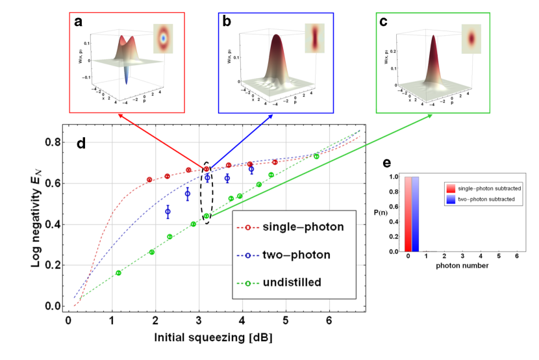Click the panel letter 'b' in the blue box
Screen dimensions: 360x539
point(227,22)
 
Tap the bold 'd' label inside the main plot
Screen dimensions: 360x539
point(82,142)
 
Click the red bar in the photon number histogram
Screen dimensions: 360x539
point(408,214)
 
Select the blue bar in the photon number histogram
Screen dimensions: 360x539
point(416,214)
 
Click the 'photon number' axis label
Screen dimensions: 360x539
point(462,266)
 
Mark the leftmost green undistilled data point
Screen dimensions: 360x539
point(118,273)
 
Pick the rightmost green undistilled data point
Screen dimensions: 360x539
point(316,156)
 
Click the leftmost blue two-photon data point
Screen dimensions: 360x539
point(168,212)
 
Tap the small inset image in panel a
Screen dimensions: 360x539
point(164,38)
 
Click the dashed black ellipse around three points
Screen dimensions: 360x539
point(207,193)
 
